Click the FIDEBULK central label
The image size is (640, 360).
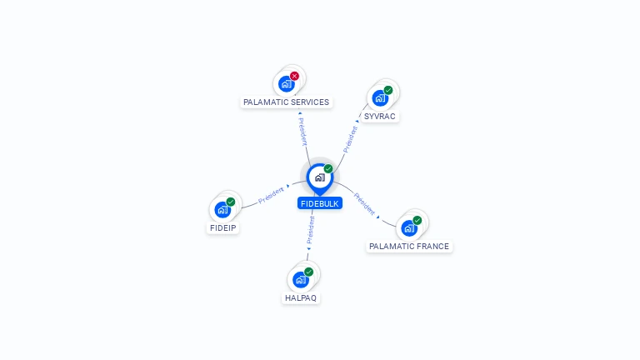tap(320, 203)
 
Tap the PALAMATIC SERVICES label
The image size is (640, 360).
tap(286, 102)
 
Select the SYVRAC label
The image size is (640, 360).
tap(380, 117)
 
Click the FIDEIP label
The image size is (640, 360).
tap(222, 227)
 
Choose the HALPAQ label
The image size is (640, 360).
tap(301, 298)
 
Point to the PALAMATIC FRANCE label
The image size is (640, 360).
tap(409, 247)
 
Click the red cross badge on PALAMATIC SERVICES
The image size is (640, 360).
tap(294, 76)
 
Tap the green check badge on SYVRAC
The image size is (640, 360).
tap(388, 90)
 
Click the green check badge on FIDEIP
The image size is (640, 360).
tap(231, 202)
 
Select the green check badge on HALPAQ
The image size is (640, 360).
tap(309, 272)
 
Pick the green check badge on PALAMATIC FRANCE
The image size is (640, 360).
tap(417, 221)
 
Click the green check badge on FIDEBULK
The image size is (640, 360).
tap(328, 169)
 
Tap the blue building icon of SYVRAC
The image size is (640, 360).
tap(380, 98)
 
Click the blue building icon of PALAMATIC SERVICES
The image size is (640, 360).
tap(286, 84)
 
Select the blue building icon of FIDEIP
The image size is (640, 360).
tap(222, 210)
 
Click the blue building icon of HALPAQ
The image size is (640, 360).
tap(301, 280)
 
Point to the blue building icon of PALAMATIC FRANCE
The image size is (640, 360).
tap(409, 228)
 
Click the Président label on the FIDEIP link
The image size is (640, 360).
tap(272, 195)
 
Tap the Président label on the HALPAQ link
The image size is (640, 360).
tap(311, 230)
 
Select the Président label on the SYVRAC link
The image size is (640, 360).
tap(350, 138)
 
